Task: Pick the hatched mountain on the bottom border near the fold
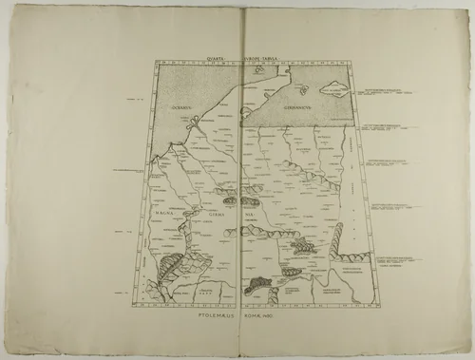pyautogui.click(x=257, y=282)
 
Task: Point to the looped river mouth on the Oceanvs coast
pyautogui.click(x=173, y=147)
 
